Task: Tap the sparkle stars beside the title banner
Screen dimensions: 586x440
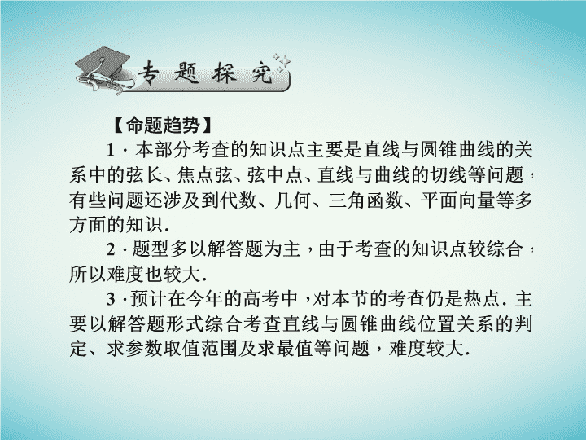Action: tap(282, 63)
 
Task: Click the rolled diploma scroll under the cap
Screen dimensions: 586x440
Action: tap(105, 81)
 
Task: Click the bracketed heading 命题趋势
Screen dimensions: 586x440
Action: tap(163, 125)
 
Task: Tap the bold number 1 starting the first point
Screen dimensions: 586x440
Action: tap(111, 151)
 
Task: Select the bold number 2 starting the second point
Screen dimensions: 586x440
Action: tap(111, 249)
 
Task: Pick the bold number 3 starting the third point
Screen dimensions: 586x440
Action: tap(111, 299)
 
